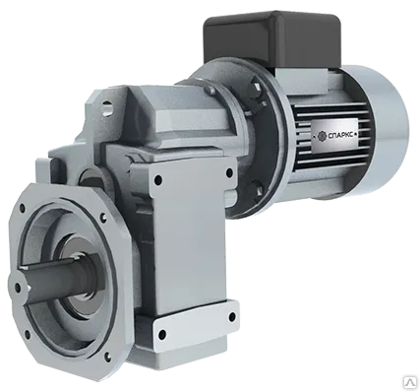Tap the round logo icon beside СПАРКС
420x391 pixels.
323,135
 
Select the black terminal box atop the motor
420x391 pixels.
272,41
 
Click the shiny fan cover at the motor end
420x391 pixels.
377,130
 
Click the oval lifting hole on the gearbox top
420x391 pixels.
106,107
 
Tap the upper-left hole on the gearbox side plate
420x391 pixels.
158,180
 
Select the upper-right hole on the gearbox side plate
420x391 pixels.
229,172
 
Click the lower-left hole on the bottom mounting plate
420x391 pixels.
162,334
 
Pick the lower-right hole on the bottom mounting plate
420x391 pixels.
232,317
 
